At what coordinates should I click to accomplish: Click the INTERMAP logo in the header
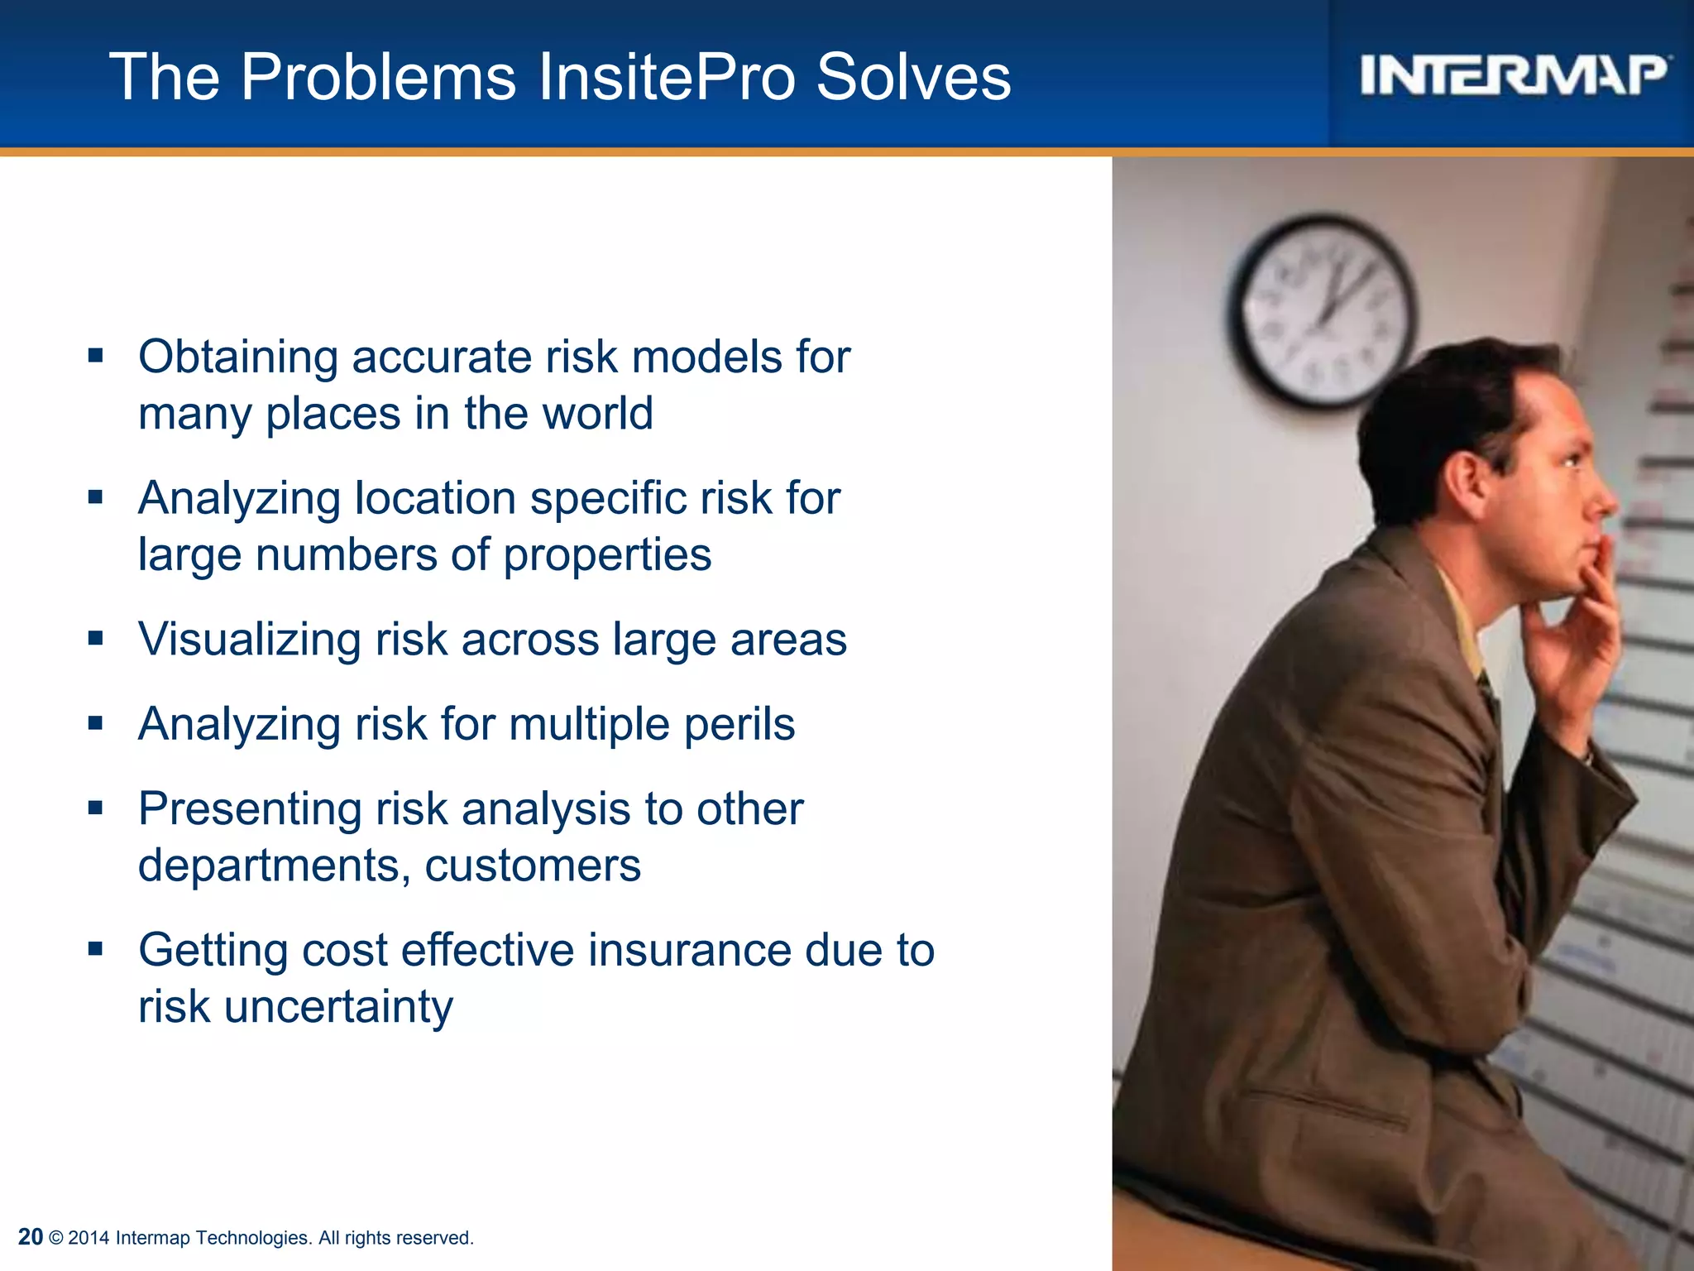pyautogui.click(x=1514, y=75)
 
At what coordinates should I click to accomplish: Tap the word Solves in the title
pyautogui.click(x=913, y=77)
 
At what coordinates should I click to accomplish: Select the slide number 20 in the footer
pyautogui.click(x=30, y=1236)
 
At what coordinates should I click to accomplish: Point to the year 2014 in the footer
pyautogui.click(x=89, y=1238)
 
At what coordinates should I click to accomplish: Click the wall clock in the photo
pyautogui.click(x=1322, y=312)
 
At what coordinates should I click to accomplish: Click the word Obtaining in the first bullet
pyautogui.click(x=238, y=358)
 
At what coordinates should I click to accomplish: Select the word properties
pyautogui.click(x=607, y=555)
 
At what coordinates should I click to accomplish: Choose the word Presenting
pyautogui.click(x=250, y=809)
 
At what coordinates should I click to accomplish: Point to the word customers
pyautogui.click(x=533, y=866)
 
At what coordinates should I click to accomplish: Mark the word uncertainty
pyautogui.click(x=338, y=1007)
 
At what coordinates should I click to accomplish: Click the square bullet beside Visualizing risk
pyautogui.click(x=96, y=639)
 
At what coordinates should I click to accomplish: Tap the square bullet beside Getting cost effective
pyautogui.click(x=96, y=948)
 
